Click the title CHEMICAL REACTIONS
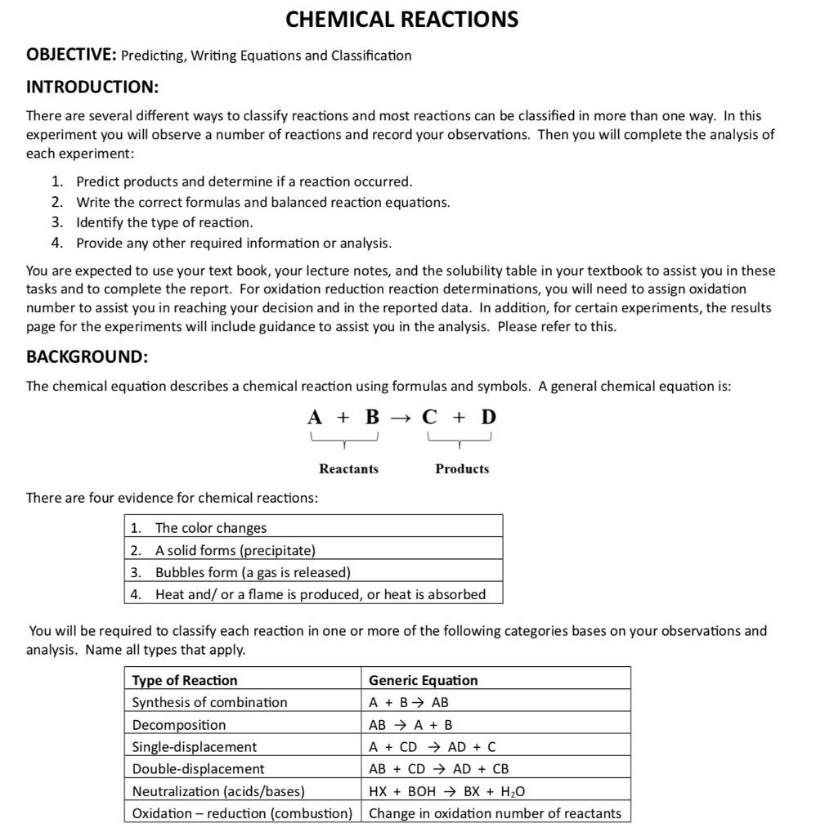[401, 20]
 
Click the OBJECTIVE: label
[71, 56]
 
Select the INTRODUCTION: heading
[92, 87]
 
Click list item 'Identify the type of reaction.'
[164, 222]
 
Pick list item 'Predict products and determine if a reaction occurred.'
[244, 181]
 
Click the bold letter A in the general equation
[315, 417]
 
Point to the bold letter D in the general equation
[488, 417]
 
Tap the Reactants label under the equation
[348, 468]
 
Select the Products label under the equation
[462, 468]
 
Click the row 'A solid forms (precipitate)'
[235, 550]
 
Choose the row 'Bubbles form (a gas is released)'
[253, 572]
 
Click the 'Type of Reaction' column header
[185, 680]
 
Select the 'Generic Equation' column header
[424, 680]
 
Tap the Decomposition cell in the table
[179, 724]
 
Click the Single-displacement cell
[195, 746]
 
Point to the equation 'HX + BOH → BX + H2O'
[447, 791]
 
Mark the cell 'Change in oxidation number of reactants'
[495, 813]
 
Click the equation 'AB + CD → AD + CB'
[439, 768]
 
